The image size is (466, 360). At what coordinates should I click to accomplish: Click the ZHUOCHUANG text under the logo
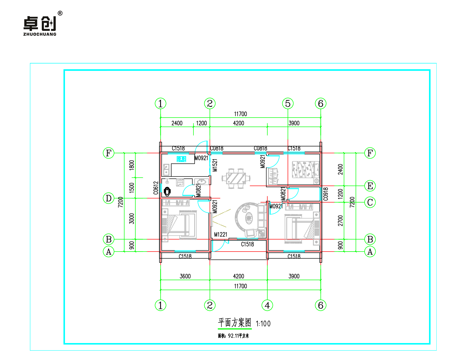coord(40,34)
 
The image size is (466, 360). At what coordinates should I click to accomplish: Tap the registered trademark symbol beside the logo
coord(60,13)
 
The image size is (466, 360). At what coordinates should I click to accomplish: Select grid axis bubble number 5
coord(288,104)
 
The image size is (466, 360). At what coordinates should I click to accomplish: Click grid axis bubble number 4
coord(267,305)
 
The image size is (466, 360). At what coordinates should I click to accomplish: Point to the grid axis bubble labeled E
coord(370,186)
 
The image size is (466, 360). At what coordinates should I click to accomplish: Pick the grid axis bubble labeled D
coord(108,198)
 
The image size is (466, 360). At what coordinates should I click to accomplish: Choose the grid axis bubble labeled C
coord(370,202)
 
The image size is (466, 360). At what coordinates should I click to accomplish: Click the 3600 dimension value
coord(185,276)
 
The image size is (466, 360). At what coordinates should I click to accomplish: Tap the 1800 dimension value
coord(131,165)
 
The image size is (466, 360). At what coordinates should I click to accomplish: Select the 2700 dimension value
coord(340,221)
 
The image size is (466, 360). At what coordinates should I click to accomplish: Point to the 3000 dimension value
coord(131,219)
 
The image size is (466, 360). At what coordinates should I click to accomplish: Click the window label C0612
coord(156,188)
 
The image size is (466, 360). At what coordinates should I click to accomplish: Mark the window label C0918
coord(326,194)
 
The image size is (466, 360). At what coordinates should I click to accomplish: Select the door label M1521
coord(215,165)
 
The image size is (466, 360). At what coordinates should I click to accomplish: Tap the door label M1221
coord(221,235)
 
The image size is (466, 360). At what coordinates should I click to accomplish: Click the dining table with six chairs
coord(236,179)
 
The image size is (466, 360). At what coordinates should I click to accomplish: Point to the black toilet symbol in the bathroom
coord(167,191)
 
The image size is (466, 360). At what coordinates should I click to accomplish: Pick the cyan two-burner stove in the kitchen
coord(181,159)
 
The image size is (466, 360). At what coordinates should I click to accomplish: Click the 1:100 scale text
coord(263,324)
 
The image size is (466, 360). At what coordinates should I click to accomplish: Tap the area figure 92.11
coord(233,336)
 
